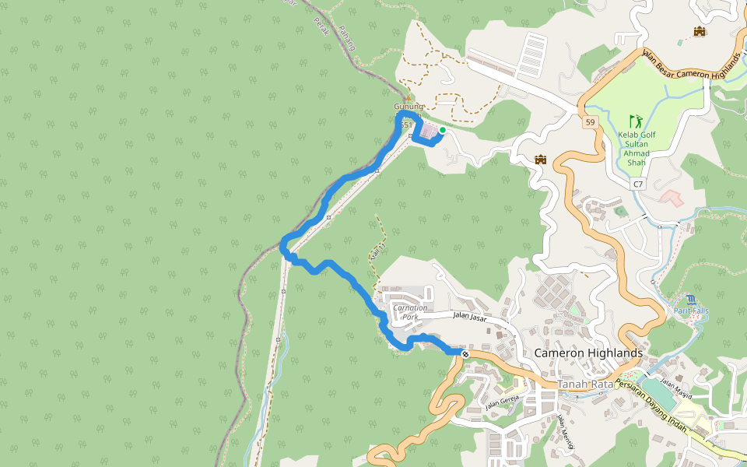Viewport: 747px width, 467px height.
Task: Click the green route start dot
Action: coord(442,130)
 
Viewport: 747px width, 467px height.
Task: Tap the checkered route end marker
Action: coord(465,354)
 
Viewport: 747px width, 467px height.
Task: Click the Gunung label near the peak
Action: coord(409,106)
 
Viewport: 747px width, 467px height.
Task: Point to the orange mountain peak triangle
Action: coord(409,97)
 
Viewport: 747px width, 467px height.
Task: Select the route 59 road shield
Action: coord(591,122)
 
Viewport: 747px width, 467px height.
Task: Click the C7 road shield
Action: coord(638,184)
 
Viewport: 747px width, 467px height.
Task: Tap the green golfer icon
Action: coord(637,121)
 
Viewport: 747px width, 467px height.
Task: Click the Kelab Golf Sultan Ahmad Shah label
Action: coord(637,149)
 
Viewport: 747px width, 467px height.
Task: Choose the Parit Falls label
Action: coord(691,311)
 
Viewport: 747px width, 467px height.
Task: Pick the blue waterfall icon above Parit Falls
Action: coord(691,299)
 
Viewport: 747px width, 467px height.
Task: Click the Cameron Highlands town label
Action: coord(588,353)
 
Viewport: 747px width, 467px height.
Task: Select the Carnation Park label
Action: coord(411,312)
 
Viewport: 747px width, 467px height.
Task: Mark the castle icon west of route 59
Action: coord(541,160)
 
